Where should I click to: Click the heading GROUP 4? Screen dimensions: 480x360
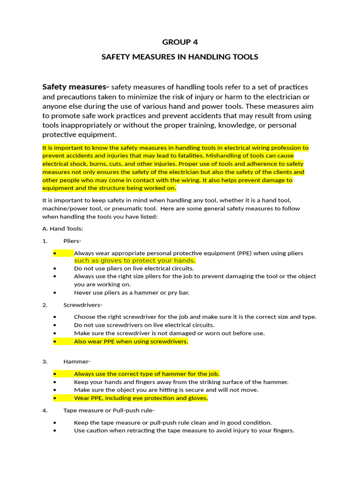coord(180,42)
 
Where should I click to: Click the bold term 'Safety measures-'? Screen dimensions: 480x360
coord(75,87)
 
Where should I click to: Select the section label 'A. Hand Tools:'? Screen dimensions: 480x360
coord(62,229)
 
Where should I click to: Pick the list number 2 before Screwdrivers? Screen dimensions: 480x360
coord(45,305)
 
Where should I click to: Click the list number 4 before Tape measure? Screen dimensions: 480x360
coord(45,411)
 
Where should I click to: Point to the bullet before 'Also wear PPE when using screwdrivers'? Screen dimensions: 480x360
coord(55,342)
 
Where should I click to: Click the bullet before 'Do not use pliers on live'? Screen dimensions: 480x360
coord(55,269)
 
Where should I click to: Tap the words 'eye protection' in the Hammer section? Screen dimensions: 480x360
coord(142,398)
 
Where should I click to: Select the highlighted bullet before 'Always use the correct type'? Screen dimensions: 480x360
coord(55,374)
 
